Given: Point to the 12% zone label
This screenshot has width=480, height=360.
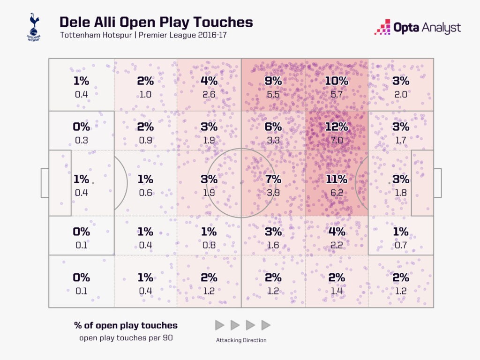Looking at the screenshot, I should (x=337, y=127).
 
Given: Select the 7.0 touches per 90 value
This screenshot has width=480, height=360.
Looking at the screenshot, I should (x=337, y=140).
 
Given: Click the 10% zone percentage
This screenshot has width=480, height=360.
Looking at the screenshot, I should (x=337, y=81).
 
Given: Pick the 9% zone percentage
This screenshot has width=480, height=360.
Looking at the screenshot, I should (x=273, y=81).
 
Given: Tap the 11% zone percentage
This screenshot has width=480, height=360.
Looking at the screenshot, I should (x=337, y=179).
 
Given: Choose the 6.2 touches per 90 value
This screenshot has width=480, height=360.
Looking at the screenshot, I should (x=337, y=192).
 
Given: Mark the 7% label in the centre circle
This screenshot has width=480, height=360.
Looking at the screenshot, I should (x=273, y=179).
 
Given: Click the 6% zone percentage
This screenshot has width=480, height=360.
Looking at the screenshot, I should (x=273, y=127).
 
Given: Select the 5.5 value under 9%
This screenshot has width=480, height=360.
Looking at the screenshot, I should (x=273, y=94).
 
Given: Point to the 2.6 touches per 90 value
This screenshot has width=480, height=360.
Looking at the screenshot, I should (x=209, y=94).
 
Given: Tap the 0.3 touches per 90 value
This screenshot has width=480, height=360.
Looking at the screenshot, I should (x=82, y=140).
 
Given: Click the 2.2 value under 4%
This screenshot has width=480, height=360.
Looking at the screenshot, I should (x=337, y=245).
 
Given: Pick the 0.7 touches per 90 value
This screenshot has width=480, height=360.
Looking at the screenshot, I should (x=400, y=245).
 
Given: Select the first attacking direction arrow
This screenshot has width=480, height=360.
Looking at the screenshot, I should (x=219, y=325).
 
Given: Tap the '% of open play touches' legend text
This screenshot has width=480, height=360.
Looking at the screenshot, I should (x=126, y=325).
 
